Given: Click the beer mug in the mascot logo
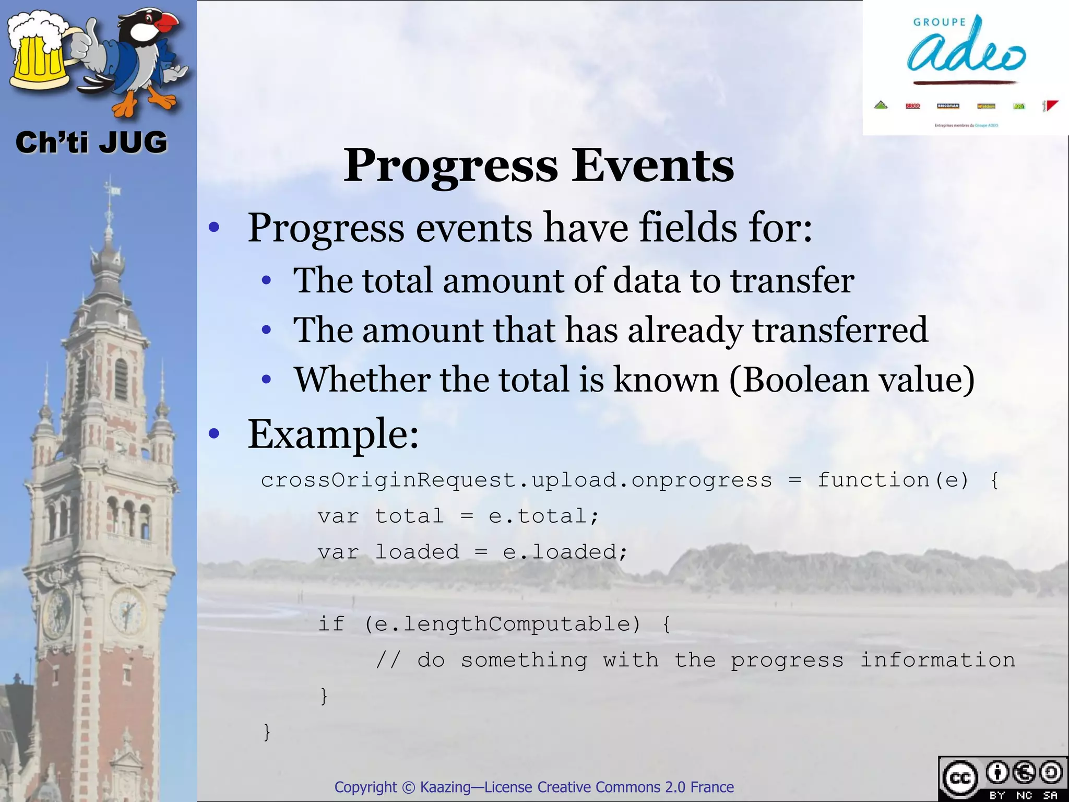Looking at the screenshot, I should (x=39, y=55).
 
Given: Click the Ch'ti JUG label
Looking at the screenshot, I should (x=91, y=143).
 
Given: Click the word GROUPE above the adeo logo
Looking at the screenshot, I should (x=940, y=22).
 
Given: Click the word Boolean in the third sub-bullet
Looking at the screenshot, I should (x=804, y=380).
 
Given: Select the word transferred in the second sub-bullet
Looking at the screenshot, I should (x=840, y=330).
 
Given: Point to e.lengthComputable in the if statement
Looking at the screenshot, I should (x=501, y=624).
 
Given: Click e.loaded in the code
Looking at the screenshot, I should (x=564, y=552).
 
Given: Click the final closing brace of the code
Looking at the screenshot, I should (x=267, y=732).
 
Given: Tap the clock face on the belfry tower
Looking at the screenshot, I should (x=127, y=609).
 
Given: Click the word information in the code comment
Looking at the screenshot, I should (x=937, y=660).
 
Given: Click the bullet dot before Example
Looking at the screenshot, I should (x=213, y=433).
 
